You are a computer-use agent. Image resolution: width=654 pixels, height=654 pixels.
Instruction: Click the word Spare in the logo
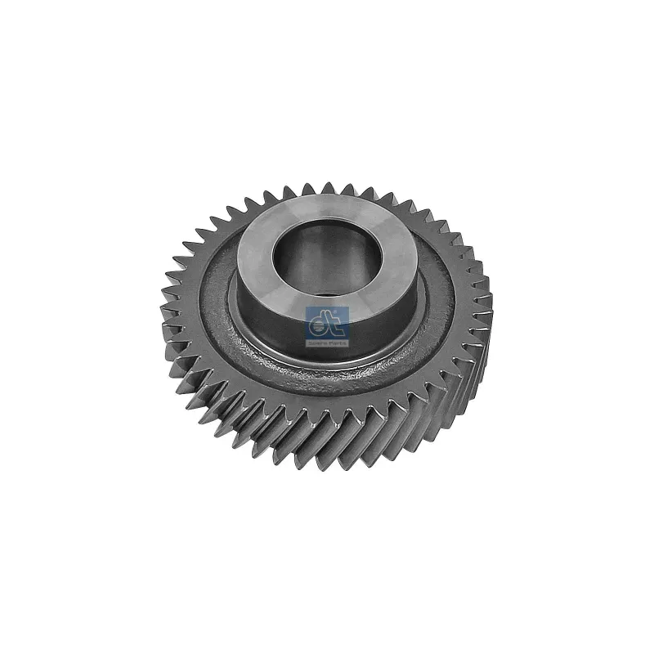318,344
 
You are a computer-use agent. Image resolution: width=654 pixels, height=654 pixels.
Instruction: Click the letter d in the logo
320,325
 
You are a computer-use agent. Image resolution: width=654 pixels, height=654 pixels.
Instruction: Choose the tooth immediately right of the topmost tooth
347,190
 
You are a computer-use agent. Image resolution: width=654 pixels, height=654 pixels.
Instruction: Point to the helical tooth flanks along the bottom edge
327,441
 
